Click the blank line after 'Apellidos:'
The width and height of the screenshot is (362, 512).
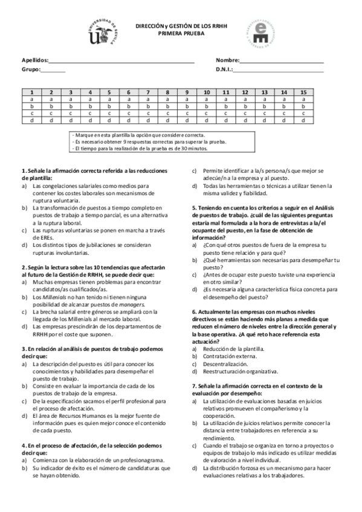[121, 62]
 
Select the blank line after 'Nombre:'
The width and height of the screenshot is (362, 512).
[282, 62]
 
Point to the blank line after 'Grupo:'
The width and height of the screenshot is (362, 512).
[53, 71]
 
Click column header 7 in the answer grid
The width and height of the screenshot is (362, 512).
[148, 92]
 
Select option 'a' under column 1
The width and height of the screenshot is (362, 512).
[31, 99]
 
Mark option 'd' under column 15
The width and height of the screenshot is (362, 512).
[303, 120]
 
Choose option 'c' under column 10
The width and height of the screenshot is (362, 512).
[206, 112]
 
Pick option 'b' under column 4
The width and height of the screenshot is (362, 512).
[89, 106]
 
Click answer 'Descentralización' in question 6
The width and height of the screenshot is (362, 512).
[225, 364]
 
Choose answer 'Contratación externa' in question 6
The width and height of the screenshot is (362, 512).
[229, 356]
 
